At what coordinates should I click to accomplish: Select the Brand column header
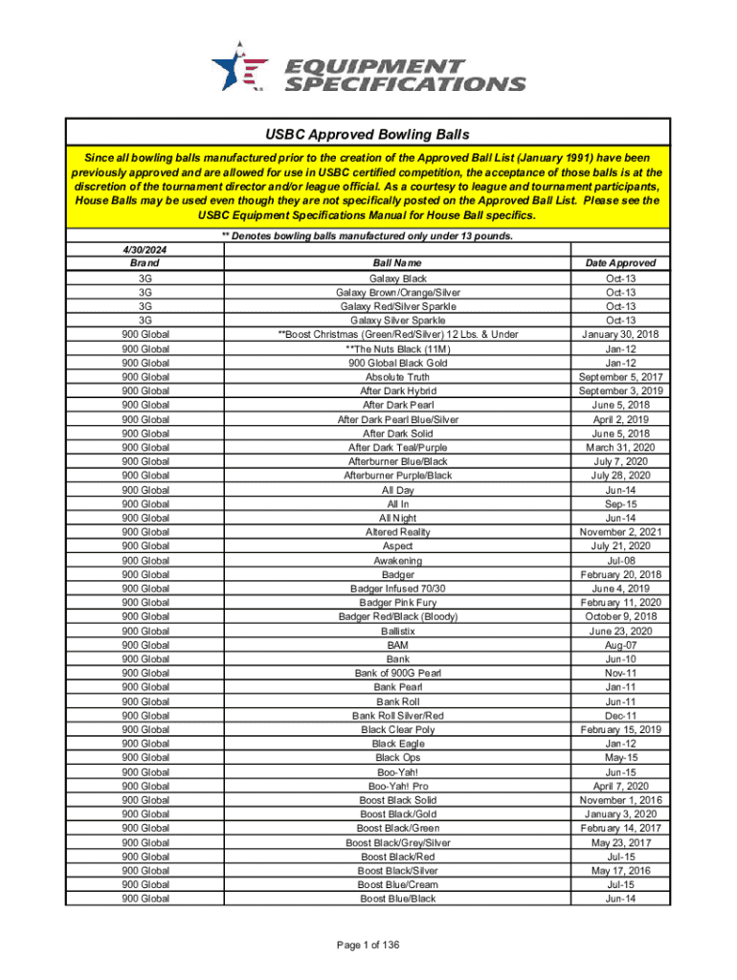145,262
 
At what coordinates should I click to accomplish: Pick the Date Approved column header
621,262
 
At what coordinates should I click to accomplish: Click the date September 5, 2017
621,377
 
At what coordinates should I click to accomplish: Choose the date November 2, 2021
621,531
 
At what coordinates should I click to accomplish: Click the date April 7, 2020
621,786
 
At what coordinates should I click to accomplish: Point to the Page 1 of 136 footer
368,946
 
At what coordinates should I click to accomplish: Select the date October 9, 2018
621,617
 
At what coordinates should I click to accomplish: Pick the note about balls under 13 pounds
368,234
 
